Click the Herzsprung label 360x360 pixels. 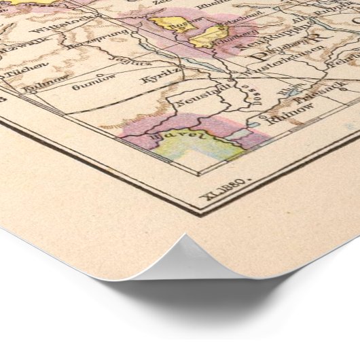click(99, 52)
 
